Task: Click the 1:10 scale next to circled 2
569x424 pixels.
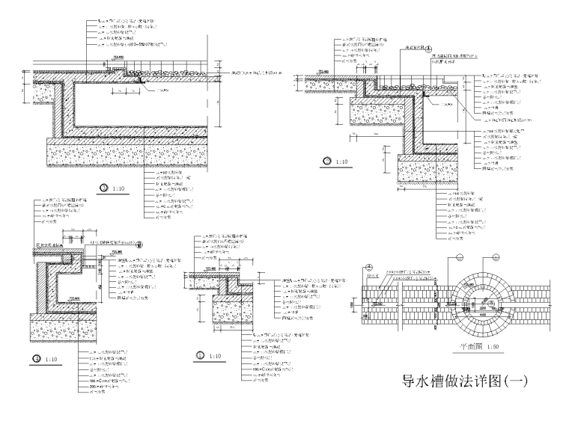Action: coord(341,162)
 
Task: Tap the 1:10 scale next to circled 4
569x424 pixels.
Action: coord(52,359)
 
